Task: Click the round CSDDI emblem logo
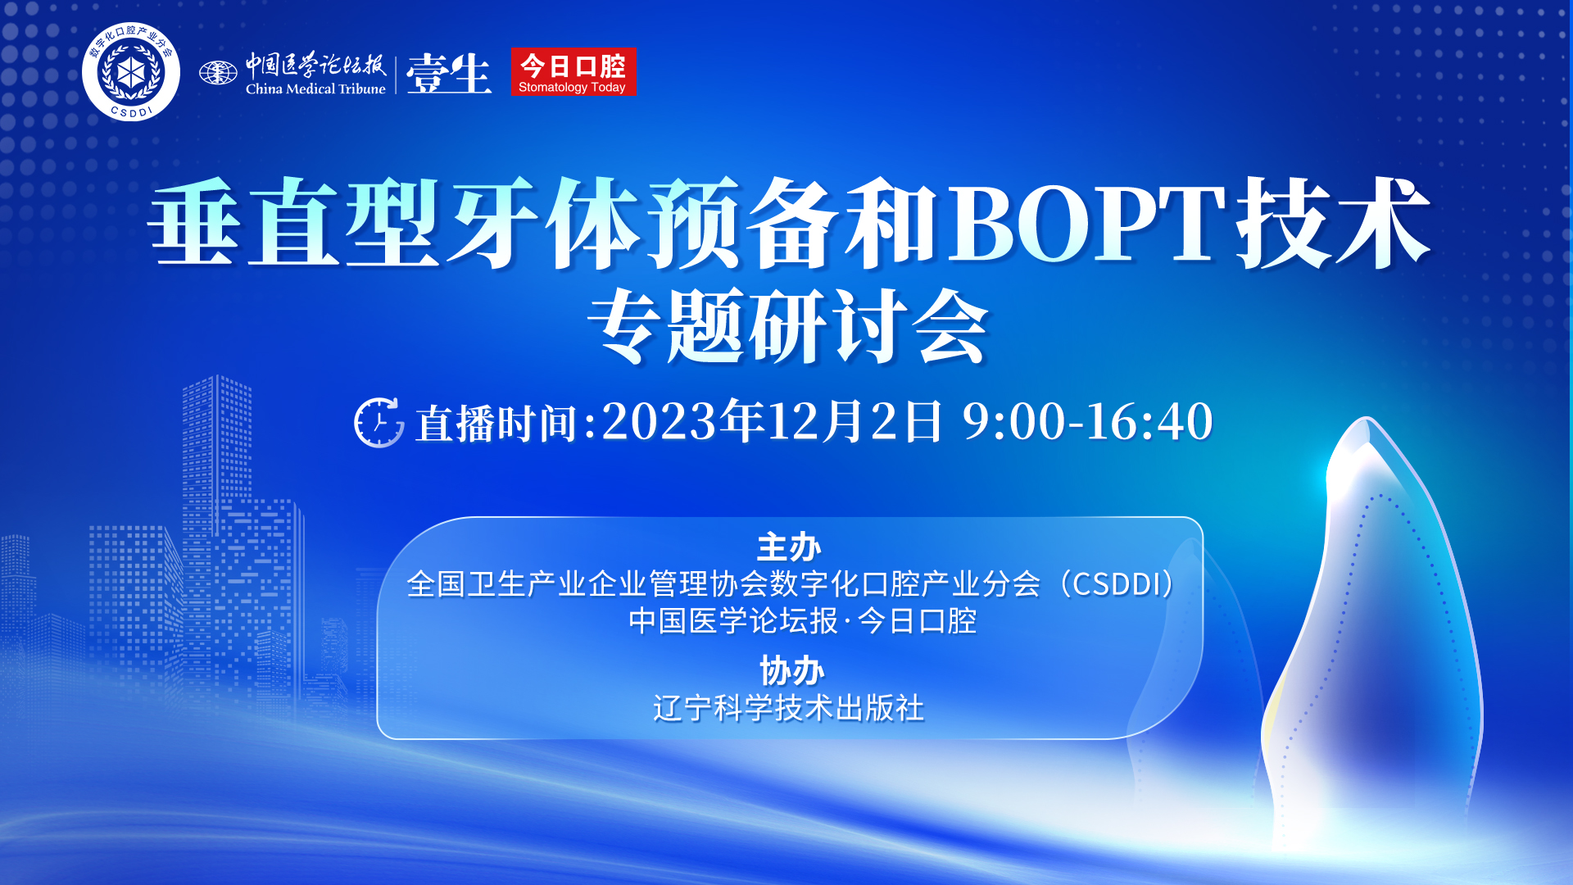click(131, 72)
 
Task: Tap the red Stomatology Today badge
click(573, 72)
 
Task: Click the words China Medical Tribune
click(315, 88)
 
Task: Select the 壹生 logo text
click(448, 74)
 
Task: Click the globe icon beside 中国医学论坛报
click(218, 73)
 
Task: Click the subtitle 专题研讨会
click(788, 327)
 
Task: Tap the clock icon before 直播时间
click(379, 423)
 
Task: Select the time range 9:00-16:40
click(1087, 421)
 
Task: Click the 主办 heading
click(788, 547)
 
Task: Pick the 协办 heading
click(791, 671)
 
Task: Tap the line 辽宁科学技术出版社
click(788, 708)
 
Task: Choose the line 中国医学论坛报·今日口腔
click(802, 621)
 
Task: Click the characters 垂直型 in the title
click(294, 224)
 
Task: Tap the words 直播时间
click(496, 424)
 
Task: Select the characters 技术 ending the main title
click(1333, 224)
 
